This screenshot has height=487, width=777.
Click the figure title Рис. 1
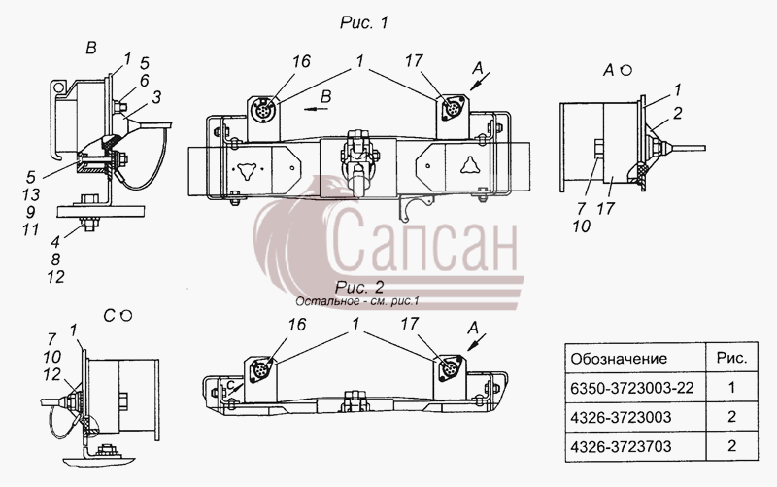pyautogui.click(x=364, y=22)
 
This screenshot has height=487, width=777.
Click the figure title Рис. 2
pyautogui.click(x=359, y=287)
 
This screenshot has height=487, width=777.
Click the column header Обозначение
pyautogui.click(x=619, y=359)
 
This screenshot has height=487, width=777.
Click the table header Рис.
pyautogui.click(x=732, y=358)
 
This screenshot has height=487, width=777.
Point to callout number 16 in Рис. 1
pyautogui.click(x=300, y=61)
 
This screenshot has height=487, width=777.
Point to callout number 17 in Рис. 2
pyautogui.click(x=409, y=324)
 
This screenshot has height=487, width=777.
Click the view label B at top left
pyautogui.click(x=91, y=48)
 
